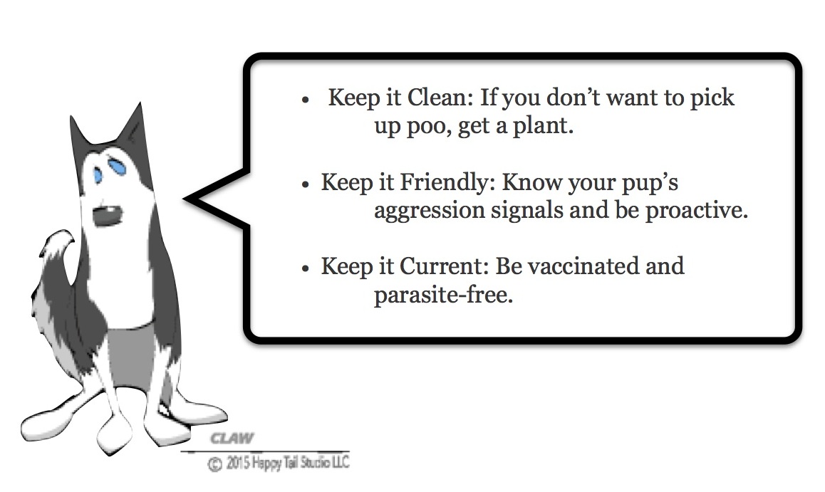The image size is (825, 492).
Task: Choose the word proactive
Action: [x=696, y=211]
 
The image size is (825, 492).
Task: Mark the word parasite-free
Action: [x=443, y=295]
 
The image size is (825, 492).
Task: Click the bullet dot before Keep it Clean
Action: [x=305, y=100]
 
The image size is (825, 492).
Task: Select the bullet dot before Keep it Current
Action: [x=306, y=268]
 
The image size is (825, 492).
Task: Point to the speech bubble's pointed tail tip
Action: [x=185, y=199]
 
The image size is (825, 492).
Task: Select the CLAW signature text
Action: [x=232, y=439]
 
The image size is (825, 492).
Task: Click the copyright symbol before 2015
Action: [x=214, y=465]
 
